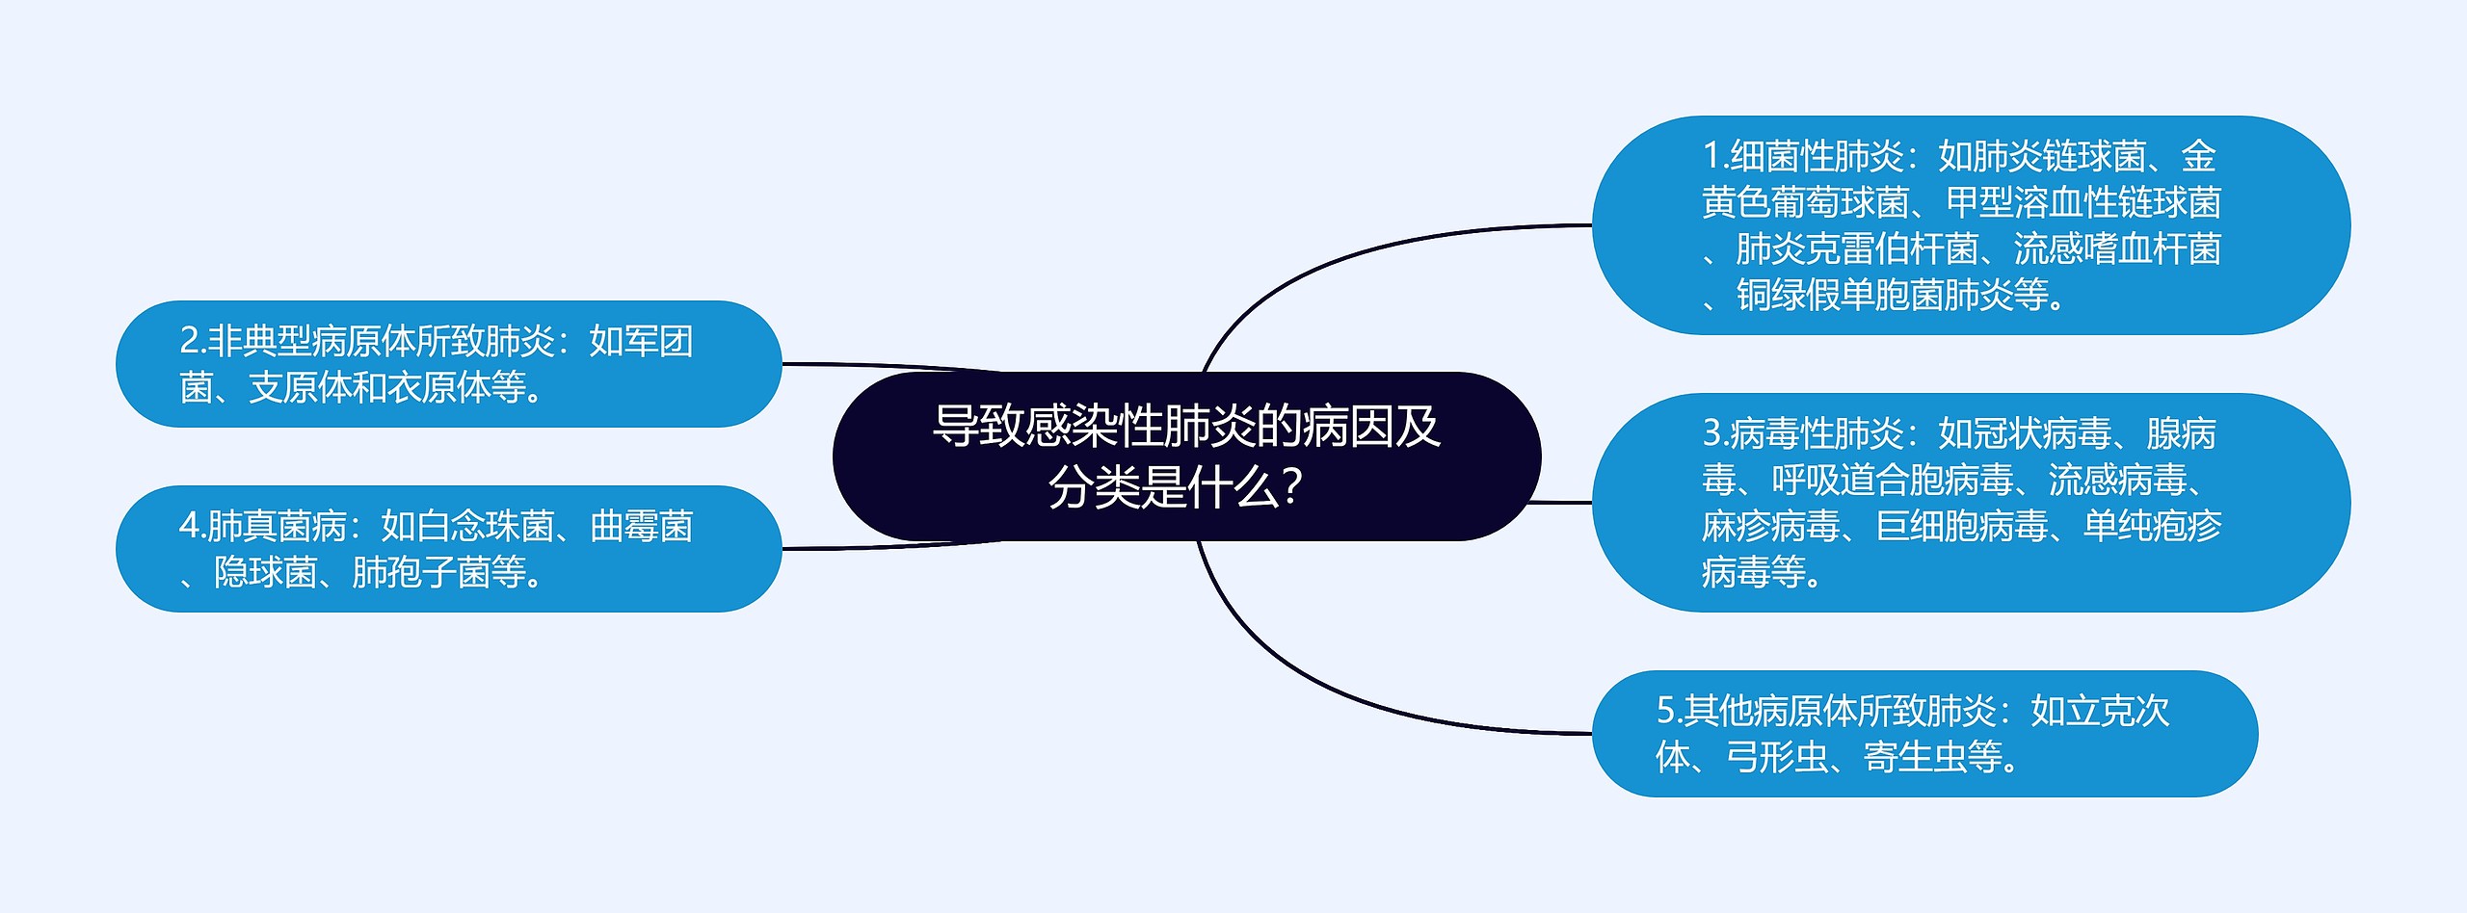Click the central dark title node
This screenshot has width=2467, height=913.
[1185, 456]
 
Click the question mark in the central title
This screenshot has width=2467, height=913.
[1293, 487]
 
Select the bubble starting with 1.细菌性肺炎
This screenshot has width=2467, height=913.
[1970, 225]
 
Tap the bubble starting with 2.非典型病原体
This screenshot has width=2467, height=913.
[448, 364]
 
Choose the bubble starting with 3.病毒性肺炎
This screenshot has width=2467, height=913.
[1970, 502]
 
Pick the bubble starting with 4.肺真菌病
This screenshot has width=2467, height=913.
[448, 549]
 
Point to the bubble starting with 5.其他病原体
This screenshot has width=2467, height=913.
[1923, 734]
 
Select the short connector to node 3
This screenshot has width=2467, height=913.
[1561, 502]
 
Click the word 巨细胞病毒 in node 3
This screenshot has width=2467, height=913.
[1962, 526]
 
